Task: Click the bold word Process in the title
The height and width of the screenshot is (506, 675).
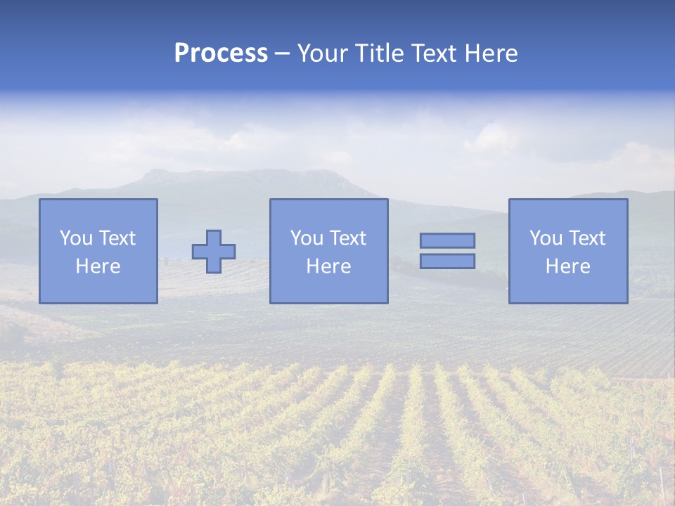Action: click(221, 53)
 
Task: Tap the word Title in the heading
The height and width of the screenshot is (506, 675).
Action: click(378, 53)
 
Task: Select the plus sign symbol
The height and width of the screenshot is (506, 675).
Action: click(214, 252)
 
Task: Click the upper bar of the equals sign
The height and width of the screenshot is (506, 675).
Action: click(447, 240)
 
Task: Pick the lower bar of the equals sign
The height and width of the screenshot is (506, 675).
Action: click(447, 261)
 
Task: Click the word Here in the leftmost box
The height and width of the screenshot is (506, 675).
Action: click(98, 266)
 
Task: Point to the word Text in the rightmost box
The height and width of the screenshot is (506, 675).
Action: click(587, 238)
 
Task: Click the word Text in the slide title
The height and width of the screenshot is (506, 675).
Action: click(433, 53)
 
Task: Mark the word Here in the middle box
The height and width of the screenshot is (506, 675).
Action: click(328, 266)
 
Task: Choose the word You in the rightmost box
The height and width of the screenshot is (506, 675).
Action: click(546, 238)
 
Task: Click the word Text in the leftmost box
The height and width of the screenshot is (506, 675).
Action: click(117, 238)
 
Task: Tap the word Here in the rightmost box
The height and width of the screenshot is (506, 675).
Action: click(567, 266)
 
